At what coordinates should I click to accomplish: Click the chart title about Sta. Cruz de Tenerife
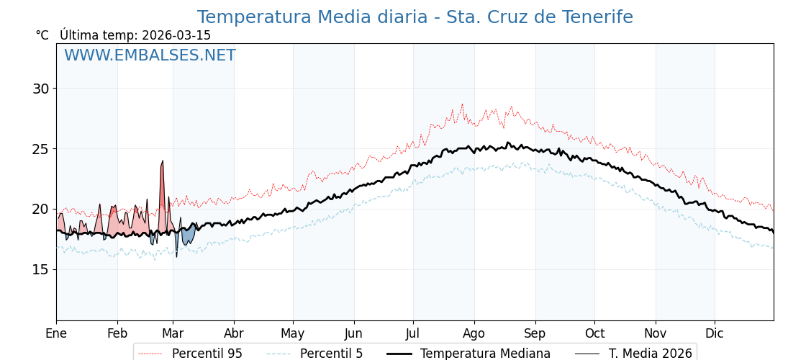coord(415,17)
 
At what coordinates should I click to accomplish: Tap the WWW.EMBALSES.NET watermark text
coord(150,55)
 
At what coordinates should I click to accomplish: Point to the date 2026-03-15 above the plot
coord(176,35)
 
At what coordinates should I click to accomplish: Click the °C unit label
coord(42,35)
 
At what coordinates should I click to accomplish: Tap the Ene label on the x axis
coord(56,333)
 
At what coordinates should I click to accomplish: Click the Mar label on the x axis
coord(173,333)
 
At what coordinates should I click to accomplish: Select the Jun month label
coord(354,333)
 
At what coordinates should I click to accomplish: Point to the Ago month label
coord(474,333)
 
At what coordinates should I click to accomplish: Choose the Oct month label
coord(594,333)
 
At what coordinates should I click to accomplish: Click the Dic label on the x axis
coord(715,333)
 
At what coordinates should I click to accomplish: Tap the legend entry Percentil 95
coord(207,354)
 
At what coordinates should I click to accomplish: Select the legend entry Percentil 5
coord(331,354)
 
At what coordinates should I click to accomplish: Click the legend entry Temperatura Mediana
coord(485,354)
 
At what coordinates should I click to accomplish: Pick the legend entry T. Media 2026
coord(650,354)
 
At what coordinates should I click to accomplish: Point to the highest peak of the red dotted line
coord(462,105)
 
